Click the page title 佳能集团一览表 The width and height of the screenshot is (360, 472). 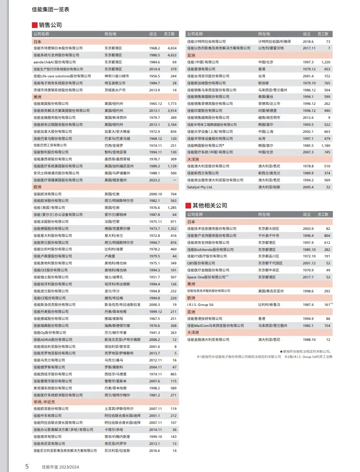pyautogui.click(x=51, y=9)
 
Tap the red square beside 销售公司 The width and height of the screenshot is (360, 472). pyautogui.click(x=34, y=25)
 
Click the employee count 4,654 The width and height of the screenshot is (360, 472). pyautogui.click(x=171, y=48)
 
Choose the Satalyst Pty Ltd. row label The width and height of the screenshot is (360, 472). pyautogui.click(x=200, y=187)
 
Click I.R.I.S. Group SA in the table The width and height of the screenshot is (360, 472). pyautogui.click(x=200, y=304)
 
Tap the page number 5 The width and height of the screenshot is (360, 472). pyautogui.click(x=27, y=466)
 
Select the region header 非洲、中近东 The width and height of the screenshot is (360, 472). pyautogui.click(x=43, y=402)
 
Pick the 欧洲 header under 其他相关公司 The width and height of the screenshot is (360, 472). pyautogui.click(x=191, y=298)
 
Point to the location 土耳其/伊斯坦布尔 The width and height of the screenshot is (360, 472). pyautogui.click(x=119, y=409)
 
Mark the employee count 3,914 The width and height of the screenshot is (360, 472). pyautogui.click(x=171, y=111)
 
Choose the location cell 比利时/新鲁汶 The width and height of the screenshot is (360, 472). pyautogui.click(x=269, y=304)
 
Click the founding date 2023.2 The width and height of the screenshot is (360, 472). pyautogui.click(x=154, y=180)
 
